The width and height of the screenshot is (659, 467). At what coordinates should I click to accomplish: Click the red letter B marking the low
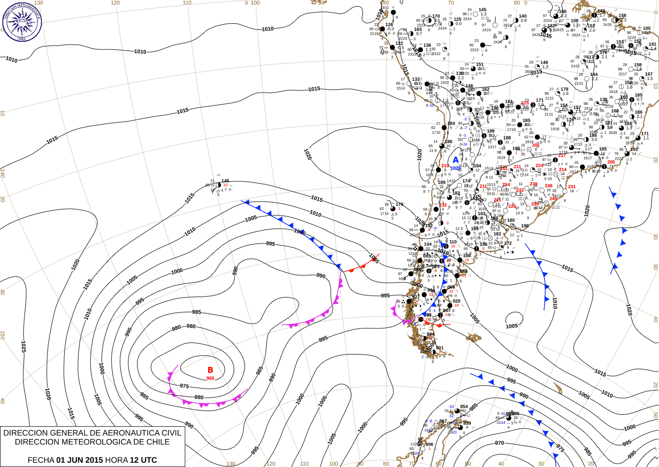tap(210, 370)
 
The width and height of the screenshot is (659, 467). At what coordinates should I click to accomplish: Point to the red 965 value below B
tap(210, 378)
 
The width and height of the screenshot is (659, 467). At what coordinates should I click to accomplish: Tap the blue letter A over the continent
tap(456, 160)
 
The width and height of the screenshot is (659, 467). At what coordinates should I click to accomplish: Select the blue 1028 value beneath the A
tap(455, 168)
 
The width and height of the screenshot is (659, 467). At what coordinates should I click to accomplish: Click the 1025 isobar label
tap(23, 346)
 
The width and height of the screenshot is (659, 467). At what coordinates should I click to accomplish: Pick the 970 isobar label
tap(499, 443)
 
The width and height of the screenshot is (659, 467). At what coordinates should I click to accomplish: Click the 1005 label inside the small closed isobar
tap(512, 326)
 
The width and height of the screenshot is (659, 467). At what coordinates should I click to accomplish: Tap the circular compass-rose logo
tap(22, 22)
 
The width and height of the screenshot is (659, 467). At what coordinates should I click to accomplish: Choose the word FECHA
tap(40, 460)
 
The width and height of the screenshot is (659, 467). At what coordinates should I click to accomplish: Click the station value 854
tap(464, 407)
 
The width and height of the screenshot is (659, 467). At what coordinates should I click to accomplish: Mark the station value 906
tap(429, 445)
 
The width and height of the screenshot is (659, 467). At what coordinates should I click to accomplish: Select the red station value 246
tap(549, 186)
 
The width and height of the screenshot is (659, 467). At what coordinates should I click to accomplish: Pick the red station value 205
tap(611, 162)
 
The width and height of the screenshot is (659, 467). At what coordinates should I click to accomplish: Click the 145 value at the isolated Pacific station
tap(225, 181)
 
